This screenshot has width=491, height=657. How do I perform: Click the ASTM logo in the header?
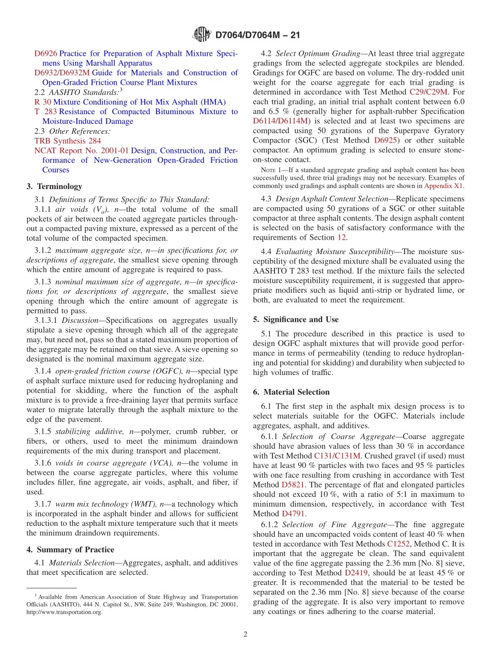[x=202, y=35]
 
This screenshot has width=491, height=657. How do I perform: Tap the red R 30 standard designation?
[x=42, y=102]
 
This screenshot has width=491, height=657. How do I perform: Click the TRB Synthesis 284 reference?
[x=68, y=141]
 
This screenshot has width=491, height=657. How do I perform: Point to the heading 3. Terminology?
[x=54, y=186]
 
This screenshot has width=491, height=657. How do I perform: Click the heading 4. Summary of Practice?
[x=70, y=550]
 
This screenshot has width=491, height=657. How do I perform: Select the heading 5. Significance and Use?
[x=296, y=319]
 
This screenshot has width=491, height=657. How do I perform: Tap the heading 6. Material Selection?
[x=291, y=392]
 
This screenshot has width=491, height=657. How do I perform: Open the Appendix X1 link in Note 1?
[x=443, y=186]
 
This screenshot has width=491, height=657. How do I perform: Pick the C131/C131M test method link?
[x=336, y=456]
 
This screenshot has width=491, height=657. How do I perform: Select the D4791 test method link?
[x=293, y=513]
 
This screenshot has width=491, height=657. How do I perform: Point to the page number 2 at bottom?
[x=245, y=634]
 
